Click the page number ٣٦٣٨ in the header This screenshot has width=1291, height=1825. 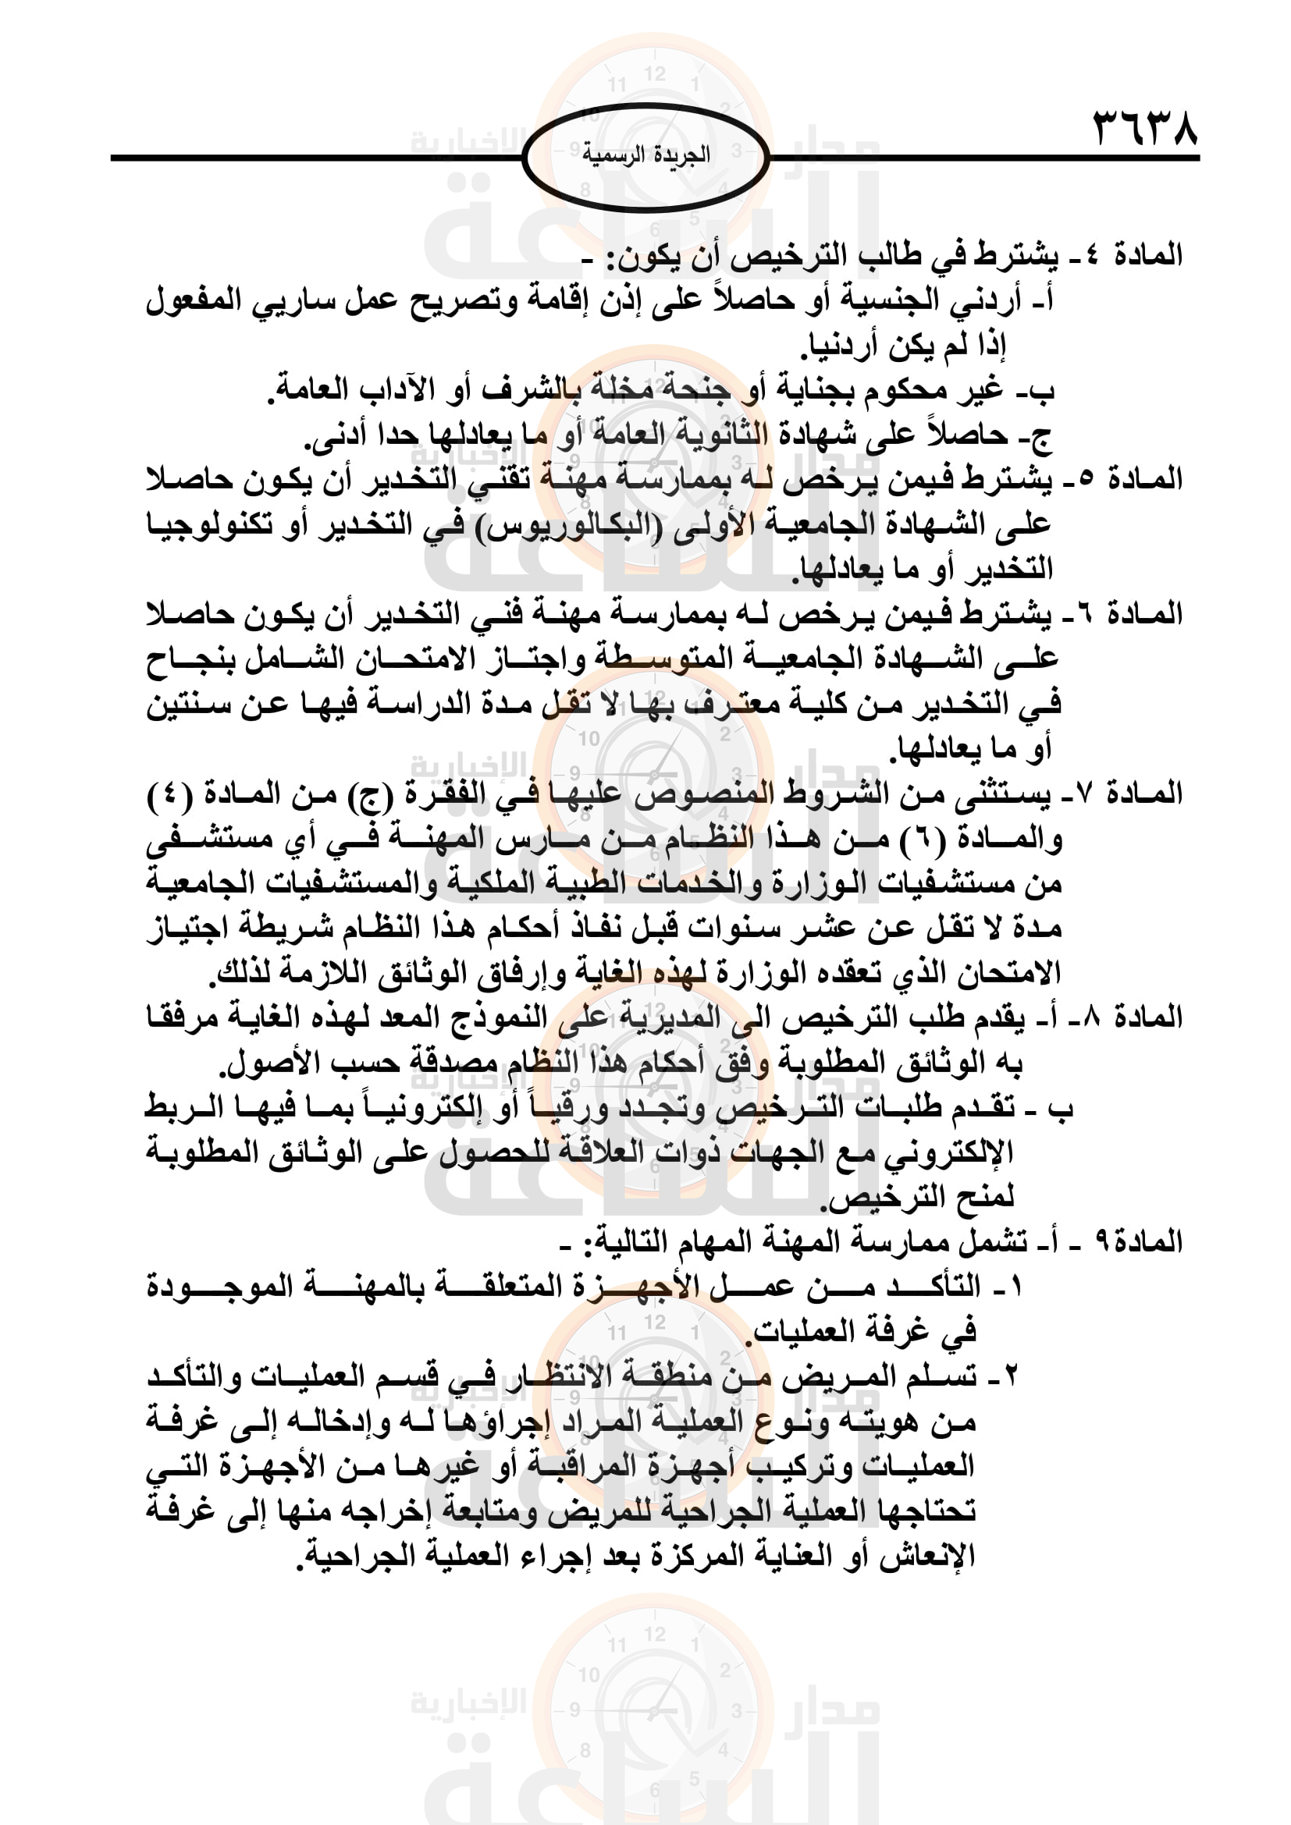point(1146,128)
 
